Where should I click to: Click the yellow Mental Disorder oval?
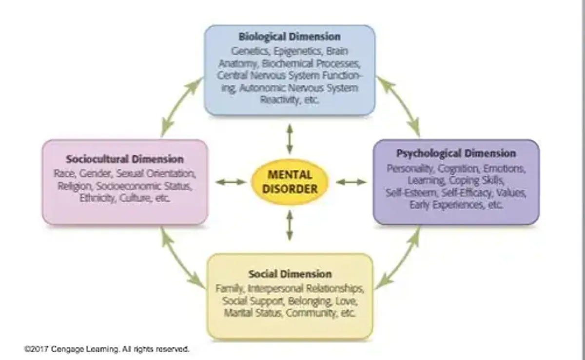(290, 182)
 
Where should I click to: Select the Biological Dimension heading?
(290, 37)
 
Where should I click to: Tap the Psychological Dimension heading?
(456, 153)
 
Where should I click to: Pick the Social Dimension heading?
(290, 274)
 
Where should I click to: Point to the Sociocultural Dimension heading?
(125, 159)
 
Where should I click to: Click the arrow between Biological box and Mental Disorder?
(290, 139)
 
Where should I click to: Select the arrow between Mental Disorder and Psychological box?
(351, 182)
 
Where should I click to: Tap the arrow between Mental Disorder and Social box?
(290, 225)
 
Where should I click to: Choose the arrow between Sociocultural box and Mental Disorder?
(231, 182)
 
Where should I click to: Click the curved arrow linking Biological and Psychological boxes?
(399, 105)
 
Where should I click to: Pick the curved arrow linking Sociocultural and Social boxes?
(181, 258)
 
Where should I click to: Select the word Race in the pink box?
(64, 173)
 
